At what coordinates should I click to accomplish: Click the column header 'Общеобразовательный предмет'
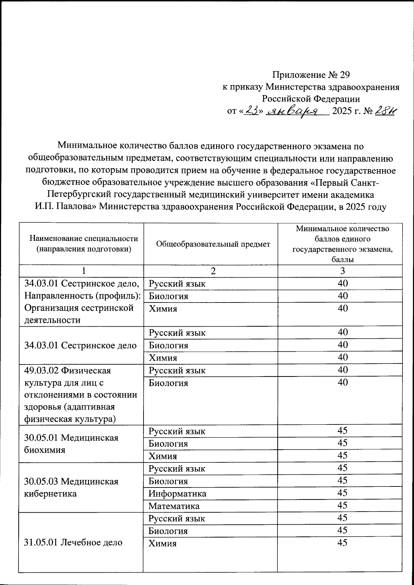[213, 244]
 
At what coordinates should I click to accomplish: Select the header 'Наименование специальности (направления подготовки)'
[84, 244]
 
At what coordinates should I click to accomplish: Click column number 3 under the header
[342, 271]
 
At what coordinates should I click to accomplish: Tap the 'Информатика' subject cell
[177, 494]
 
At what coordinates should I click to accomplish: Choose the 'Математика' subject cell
[174, 506]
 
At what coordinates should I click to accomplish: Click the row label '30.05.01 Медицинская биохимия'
[71, 443]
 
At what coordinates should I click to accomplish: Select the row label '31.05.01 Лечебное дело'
[73, 542]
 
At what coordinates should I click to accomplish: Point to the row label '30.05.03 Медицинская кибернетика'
[71, 487]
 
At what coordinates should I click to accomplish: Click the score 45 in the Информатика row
[342, 493]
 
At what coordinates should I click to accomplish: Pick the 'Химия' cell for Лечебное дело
[162, 544]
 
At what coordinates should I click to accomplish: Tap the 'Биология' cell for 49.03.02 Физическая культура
[168, 383]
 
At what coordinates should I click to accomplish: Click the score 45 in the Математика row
[342, 505]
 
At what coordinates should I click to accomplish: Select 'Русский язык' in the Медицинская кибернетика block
[177, 469]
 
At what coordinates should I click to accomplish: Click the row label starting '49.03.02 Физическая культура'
[81, 395]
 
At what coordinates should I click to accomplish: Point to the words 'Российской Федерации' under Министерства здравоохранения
[311, 99]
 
